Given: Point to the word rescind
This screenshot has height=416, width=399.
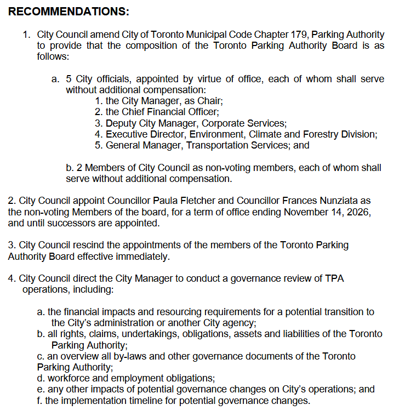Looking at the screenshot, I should pos(86,245).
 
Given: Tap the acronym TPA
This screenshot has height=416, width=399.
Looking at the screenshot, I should pos(335,278).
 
